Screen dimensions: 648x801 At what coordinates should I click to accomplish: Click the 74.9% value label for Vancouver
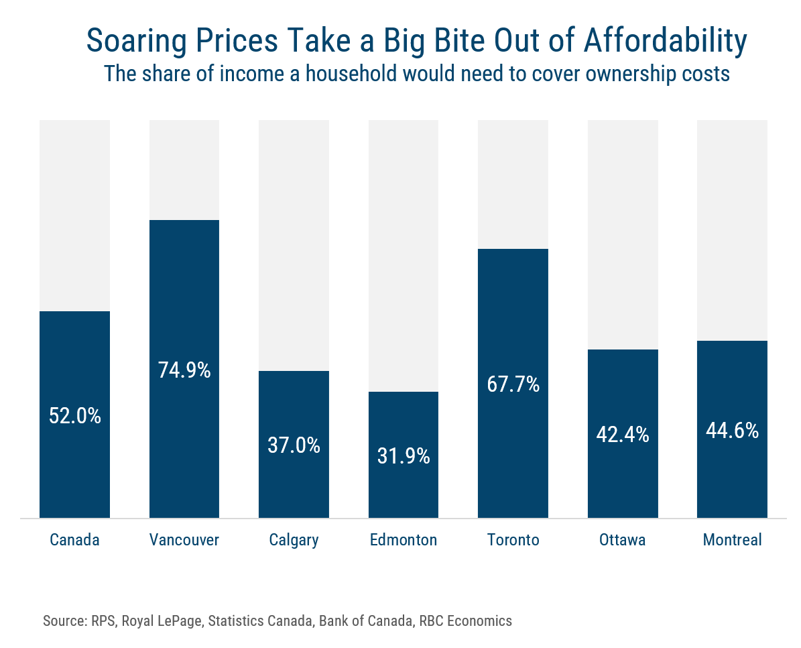click(x=184, y=370)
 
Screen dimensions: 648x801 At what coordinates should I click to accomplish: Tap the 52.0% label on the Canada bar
click(x=75, y=416)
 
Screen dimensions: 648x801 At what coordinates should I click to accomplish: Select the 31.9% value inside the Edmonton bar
click(x=404, y=456)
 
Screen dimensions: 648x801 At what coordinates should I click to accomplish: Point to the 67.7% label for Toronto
click(x=513, y=384)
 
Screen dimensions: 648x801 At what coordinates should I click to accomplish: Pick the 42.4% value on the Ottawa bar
click(x=623, y=435)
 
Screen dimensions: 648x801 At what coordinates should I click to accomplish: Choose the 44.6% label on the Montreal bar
click(x=732, y=431)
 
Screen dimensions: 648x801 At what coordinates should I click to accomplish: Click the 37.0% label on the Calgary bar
click(x=294, y=445)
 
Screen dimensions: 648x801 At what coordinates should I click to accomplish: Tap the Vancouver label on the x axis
click(x=184, y=540)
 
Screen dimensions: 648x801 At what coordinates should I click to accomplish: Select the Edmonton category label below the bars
click(x=404, y=540)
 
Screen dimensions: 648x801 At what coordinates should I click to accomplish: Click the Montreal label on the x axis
click(x=732, y=540)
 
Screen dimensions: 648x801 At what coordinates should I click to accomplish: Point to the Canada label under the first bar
click(x=75, y=540)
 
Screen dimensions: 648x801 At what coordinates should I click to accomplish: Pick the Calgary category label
click(x=294, y=540)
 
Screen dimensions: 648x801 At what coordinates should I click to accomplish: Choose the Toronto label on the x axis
click(x=513, y=540)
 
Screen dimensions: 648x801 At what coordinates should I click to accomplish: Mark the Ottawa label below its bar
click(x=623, y=540)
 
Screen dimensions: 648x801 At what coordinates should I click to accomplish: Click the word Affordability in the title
click(x=666, y=42)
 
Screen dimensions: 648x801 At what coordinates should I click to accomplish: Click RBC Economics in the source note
click(x=465, y=620)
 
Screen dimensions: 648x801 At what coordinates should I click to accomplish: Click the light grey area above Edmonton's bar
click(x=404, y=255)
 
